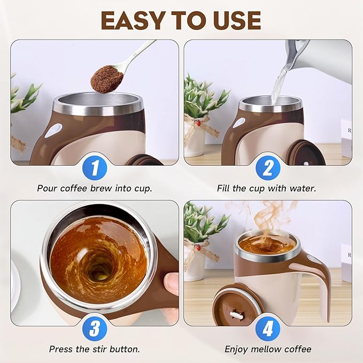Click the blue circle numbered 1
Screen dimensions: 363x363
[x=95, y=168]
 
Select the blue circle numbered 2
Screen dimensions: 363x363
[x=268, y=168]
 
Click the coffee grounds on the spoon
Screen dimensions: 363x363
[x=107, y=79]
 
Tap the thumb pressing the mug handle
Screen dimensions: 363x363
[x=171, y=283]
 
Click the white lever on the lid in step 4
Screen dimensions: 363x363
[x=236, y=315]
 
